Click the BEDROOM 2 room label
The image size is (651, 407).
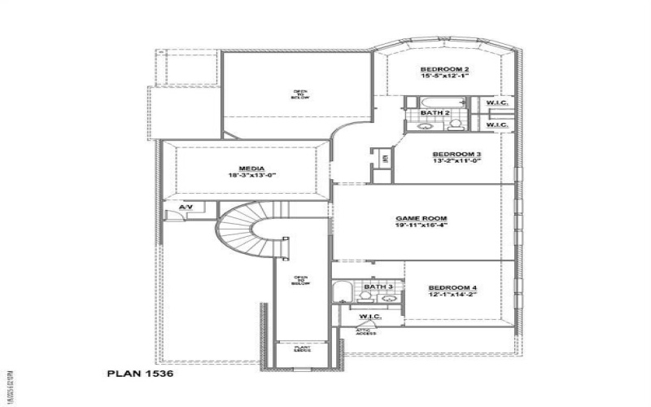[444, 69]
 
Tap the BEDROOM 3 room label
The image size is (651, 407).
[457, 155]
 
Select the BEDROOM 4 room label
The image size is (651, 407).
[452, 288]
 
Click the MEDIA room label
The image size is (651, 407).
[248, 168]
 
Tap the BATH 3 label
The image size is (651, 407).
[378, 287]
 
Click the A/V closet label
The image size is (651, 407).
[186, 208]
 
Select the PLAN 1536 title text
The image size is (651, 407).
[139, 375]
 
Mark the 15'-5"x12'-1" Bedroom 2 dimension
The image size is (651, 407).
[444, 77]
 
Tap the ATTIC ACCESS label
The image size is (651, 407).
[366, 331]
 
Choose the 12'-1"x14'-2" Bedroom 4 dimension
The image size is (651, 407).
[452, 295]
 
